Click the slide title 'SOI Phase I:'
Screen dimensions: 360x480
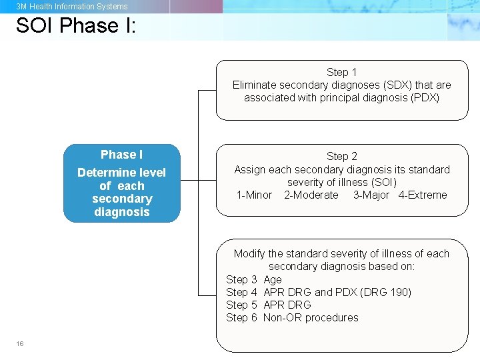76,25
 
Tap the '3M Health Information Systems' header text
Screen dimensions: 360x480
72,7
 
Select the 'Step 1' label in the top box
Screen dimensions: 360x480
341,72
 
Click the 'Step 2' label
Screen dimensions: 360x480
341,157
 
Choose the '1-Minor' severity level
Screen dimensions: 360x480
254,195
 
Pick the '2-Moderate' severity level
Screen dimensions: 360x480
311,195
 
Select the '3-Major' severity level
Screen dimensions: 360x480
371,195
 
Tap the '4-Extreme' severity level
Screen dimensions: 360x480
423,195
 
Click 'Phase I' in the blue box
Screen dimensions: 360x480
121,155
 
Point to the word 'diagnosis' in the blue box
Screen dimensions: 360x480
121,212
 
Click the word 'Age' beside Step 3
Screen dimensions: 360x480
273,279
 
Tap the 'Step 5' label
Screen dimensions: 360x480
241,305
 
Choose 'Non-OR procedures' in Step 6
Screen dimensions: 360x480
311,317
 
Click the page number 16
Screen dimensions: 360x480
20,343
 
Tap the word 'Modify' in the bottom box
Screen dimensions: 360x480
249,254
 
